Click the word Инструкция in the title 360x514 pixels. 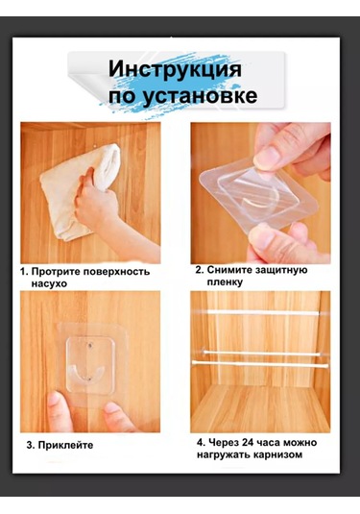[x=175, y=69]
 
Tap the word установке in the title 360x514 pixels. [x=200, y=95]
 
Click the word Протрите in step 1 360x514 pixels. [x=56, y=272]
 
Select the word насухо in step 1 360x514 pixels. [x=49, y=283]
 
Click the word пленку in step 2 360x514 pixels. [x=225, y=281]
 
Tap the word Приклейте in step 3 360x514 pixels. [x=65, y=445]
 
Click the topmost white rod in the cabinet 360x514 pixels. [x=263, y=313]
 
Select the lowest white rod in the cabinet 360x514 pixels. [x=260, y=364]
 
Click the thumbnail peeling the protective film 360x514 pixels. [x=265, y=157]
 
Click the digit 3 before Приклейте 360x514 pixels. [x=30, y=445]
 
